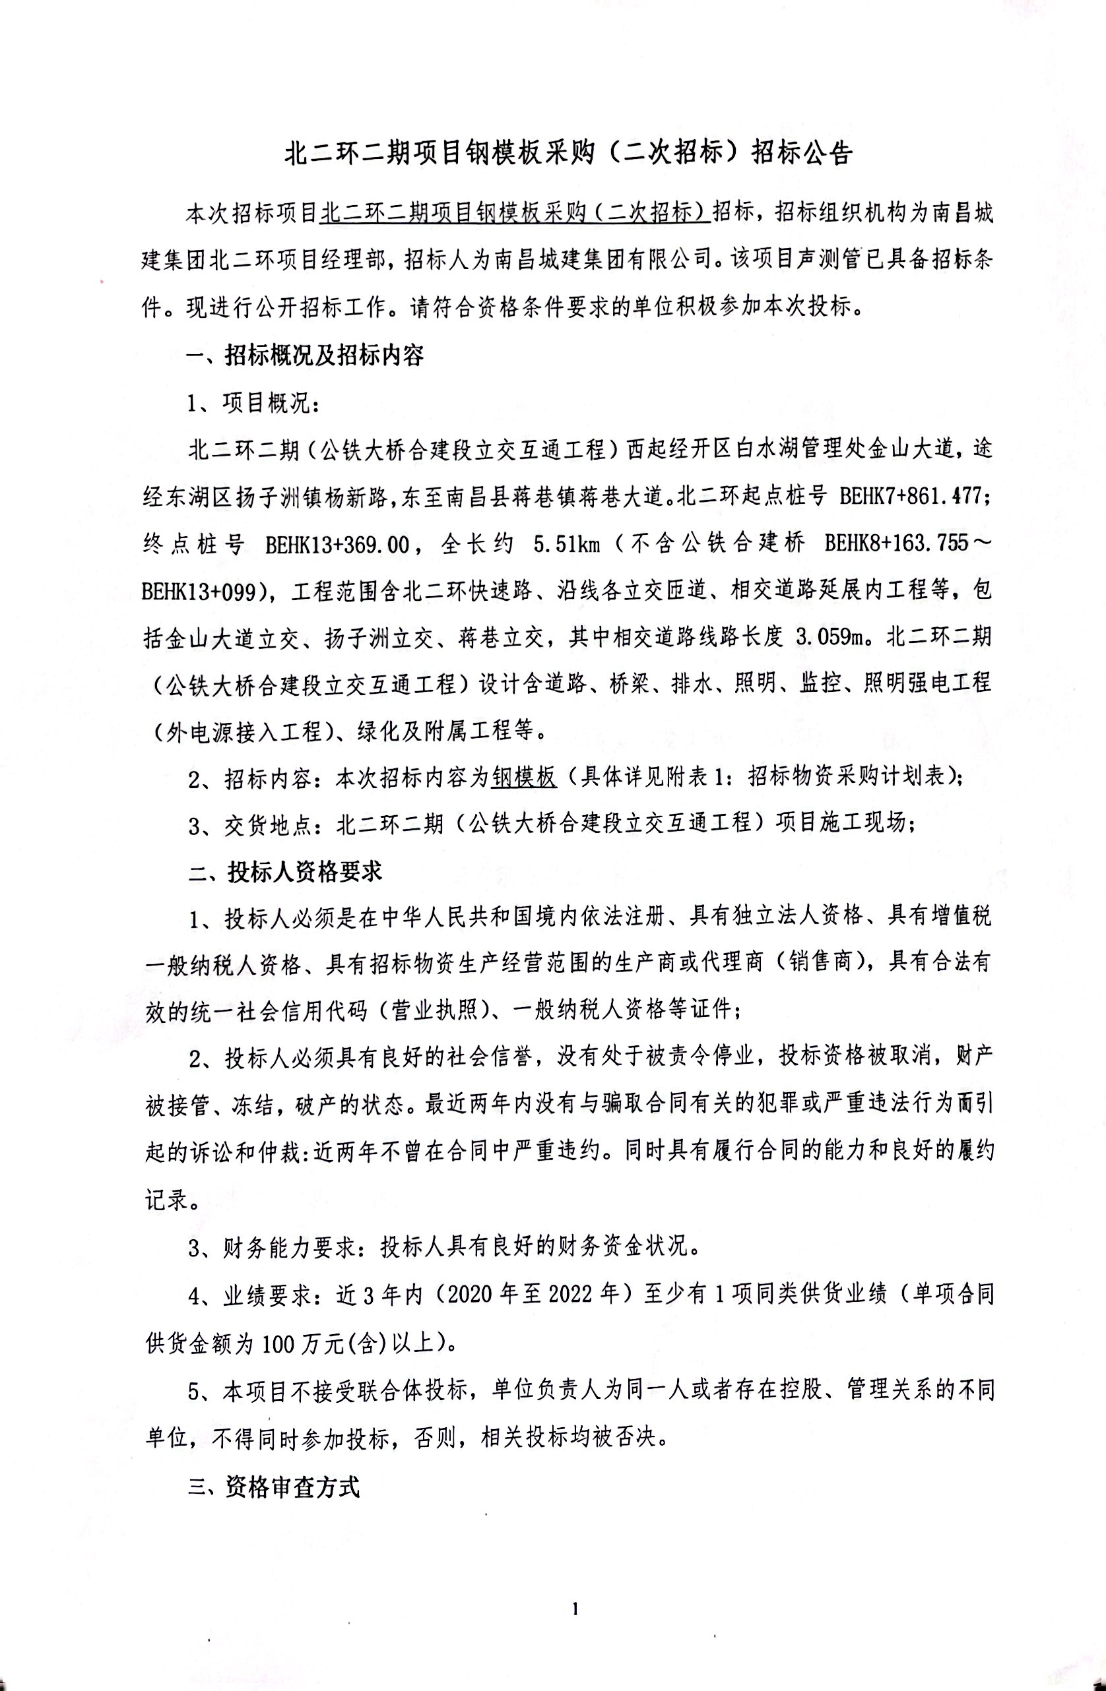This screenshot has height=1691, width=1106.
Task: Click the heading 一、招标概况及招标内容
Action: click(x=306, y=355)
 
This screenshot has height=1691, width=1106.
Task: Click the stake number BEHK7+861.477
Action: click(x=912, y=496)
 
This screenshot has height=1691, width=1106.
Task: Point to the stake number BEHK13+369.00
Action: click(x=338, y=544)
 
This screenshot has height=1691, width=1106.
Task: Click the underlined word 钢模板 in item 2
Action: click(x=524, y=778)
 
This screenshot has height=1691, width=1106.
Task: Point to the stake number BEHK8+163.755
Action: click(x=896, y=544)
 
